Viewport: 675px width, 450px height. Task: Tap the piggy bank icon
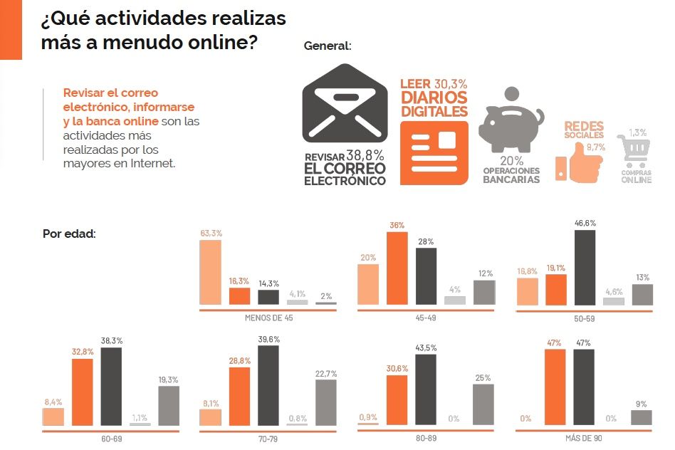(x=510, y=120)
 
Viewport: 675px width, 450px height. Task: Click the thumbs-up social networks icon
(x=578, y=162)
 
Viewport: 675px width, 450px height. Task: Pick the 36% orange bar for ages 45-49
(x=397, y=268)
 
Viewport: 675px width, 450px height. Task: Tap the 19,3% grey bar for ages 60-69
(x=168, y=406)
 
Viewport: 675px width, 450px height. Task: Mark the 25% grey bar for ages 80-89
(x=483, y=405)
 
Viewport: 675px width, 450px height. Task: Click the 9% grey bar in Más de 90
(x=641, y=418)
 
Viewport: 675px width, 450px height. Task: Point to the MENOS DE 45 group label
(x=268, y=318)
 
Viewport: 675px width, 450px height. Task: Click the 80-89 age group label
(x=426, y=439)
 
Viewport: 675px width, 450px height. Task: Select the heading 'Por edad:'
(x=69, y=234)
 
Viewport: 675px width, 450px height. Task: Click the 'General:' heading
(x=328, y=46)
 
